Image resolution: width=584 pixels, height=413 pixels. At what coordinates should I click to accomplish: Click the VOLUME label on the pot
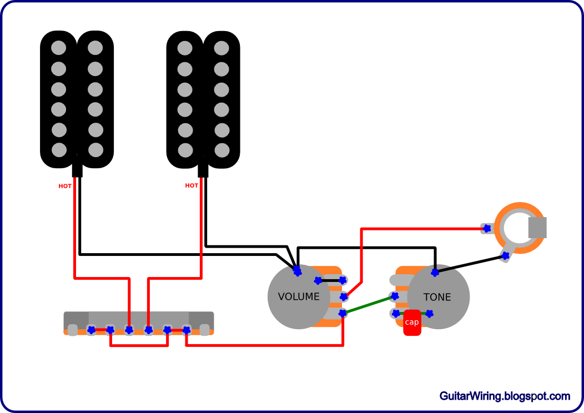299,297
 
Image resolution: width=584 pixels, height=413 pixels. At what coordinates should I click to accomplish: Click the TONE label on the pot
437,298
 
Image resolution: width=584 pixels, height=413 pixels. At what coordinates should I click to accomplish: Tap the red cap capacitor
412,323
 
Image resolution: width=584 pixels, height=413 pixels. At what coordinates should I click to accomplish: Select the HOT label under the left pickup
65,186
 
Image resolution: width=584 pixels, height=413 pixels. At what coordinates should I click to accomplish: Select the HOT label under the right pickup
192,185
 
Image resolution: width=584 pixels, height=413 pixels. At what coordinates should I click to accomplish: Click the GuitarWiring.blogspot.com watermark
504,396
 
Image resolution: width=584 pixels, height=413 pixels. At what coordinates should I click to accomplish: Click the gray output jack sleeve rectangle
537,228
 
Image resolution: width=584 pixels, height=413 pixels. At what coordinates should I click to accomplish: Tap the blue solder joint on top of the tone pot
435,272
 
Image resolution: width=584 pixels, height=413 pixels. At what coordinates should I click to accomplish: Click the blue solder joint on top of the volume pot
297,271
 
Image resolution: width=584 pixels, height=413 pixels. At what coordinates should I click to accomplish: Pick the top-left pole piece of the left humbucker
59,48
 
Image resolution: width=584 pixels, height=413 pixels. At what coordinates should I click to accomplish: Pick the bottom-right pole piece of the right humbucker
222,150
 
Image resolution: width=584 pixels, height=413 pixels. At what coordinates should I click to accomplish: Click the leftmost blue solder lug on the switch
91,330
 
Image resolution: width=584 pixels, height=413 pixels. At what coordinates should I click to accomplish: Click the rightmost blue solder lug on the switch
187,330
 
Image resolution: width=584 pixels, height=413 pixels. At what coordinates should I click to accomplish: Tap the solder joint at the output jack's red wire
487,228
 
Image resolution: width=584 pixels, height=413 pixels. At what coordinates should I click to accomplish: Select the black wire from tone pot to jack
470,264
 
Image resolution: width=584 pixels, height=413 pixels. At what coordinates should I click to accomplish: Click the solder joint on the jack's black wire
505,256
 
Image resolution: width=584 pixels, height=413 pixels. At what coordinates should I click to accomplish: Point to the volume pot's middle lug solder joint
344,297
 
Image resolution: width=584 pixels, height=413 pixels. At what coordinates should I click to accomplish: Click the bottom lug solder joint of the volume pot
343,314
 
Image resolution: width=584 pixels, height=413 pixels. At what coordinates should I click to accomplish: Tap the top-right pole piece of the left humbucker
95,48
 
